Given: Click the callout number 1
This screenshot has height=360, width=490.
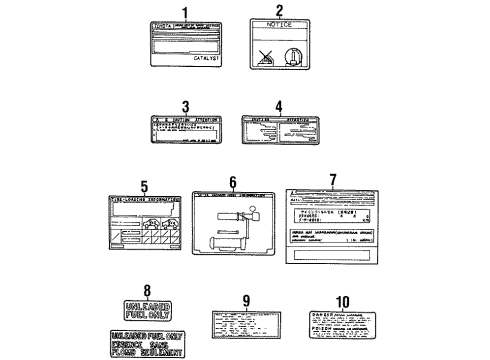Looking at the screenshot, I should [x=184, y=12].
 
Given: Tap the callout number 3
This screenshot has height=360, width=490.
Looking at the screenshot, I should [x=184, y=105].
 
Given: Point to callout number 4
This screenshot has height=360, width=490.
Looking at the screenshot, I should [x=279, y=105].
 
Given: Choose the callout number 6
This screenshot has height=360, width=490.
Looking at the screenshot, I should [x=232, y=182].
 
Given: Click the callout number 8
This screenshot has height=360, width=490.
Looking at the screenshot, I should [x=147, y=291].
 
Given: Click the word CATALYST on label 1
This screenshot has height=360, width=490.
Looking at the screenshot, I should [x=207, y=59].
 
